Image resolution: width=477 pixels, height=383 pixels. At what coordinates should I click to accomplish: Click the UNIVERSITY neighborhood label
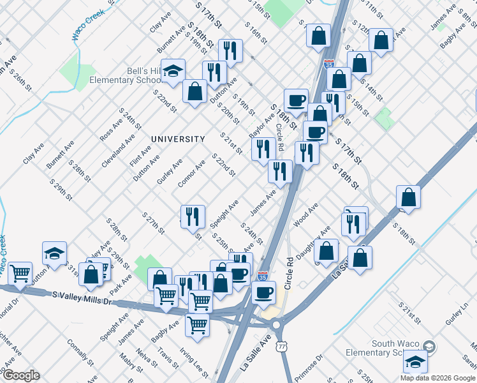coord(178,139)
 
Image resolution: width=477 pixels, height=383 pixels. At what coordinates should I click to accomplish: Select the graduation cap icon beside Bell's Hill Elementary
coord(172,73)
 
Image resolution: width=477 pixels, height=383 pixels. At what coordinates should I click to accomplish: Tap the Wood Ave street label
coord(305,216)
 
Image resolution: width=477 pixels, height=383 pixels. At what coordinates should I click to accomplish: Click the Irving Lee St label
coord(193,362)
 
